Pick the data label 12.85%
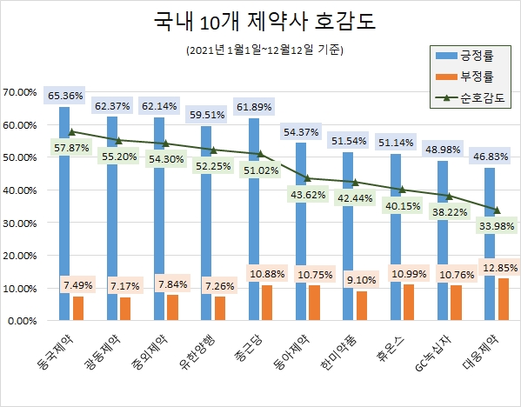tap(498, 265)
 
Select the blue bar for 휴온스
tap(397, 209)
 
